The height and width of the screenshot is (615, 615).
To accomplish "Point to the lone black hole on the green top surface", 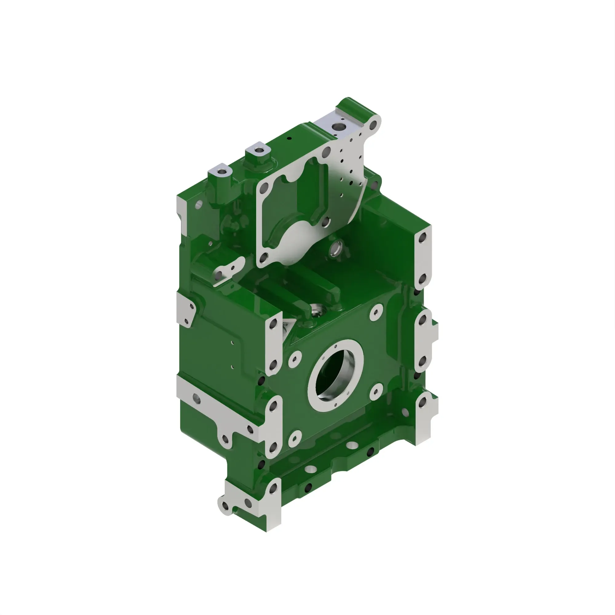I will coord(289,138).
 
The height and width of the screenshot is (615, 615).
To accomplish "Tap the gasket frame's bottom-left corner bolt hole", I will coord(263,257).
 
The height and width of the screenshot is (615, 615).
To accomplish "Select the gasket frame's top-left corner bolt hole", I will coord(263,190).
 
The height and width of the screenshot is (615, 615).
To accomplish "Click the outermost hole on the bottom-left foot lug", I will coord(225,506).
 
